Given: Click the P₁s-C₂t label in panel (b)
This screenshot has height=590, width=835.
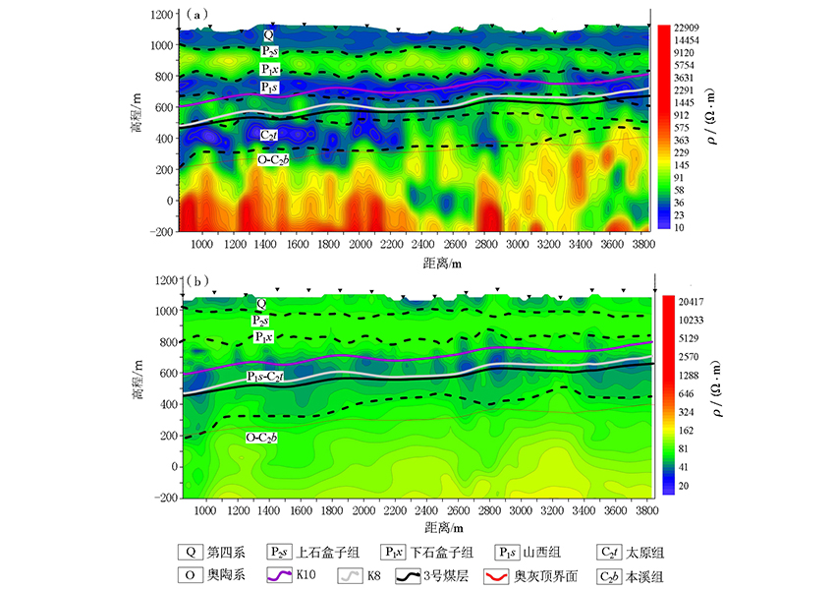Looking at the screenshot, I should pyautogui.click(x=267, y=377).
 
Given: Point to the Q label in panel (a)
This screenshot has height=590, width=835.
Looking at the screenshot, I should pyautogui.click(x=268, y=34).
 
